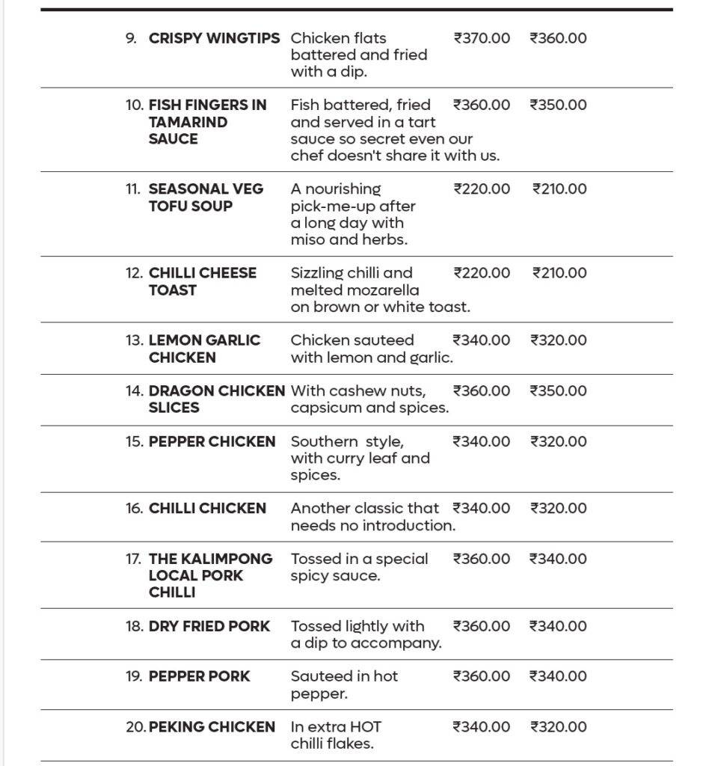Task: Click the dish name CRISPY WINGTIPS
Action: [214, 38]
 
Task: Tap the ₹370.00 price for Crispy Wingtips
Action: [482, 38]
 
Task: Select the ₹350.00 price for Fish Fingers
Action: [558, 105]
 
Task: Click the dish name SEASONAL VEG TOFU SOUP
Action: [206, 197]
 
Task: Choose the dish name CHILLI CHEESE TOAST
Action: [202, 281]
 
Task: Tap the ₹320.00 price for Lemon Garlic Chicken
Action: [558, 340]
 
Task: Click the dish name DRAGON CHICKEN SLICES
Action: [216, 399]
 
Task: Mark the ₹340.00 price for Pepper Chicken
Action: [482, 442]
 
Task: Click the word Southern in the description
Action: [324, 442]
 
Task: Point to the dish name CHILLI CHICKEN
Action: [207, 509]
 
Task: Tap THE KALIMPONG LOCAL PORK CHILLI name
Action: [210, 575]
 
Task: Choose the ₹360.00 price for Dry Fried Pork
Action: [482, 626]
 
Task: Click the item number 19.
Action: [134, 677]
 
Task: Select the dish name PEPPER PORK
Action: [199, 677]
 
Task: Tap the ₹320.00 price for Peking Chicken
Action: [558, 727]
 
